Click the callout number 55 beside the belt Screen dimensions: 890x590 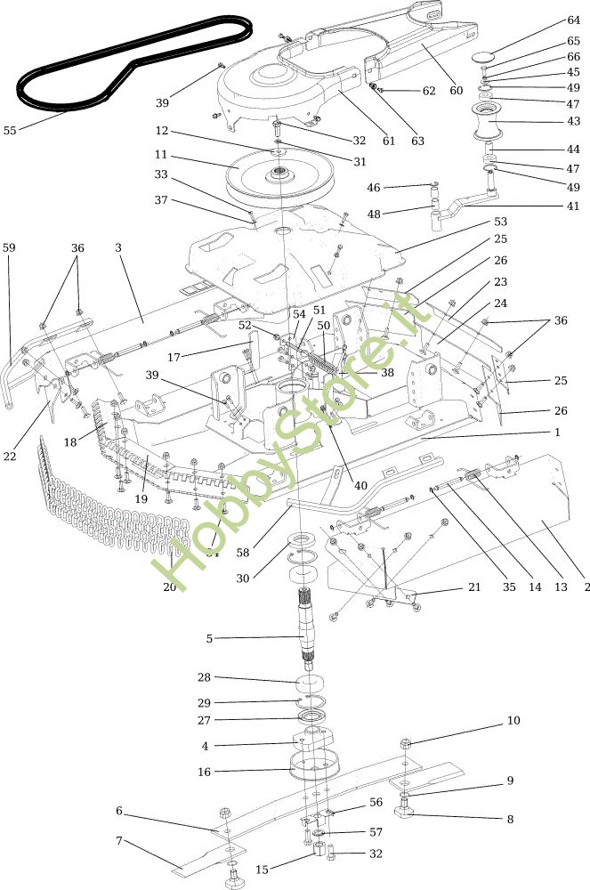10,130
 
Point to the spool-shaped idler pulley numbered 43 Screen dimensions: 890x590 488,122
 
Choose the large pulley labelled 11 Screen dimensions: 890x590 279,175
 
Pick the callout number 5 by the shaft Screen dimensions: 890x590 210,637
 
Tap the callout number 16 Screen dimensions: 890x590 205,772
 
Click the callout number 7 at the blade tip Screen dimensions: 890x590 119,841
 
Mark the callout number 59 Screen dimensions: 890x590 10,248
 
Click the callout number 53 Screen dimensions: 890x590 500,221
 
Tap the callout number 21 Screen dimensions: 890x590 473,587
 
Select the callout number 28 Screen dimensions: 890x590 205,677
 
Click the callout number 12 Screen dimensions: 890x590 161,131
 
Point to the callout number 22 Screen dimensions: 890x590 10,457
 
